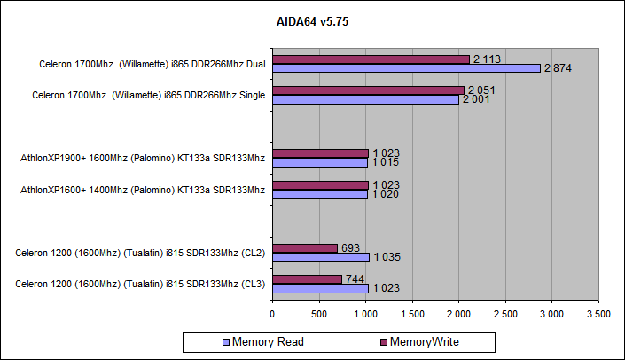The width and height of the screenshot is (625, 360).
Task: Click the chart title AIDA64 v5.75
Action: point(312,21)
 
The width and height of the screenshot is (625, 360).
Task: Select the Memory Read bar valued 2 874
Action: point(406,68)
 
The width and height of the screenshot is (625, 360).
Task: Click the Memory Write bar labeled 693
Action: point(305,247)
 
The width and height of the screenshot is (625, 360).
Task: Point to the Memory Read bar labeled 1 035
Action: point(321,256)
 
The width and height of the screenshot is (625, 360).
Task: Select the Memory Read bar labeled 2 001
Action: point(365,100)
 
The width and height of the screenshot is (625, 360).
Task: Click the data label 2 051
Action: point(482,90)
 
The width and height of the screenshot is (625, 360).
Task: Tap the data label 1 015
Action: point(386,163)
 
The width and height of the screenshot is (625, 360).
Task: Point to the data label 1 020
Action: point(386,194)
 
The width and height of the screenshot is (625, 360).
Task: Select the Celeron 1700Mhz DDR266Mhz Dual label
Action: point(152,64)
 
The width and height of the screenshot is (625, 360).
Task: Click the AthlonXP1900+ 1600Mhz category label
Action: point(143,159)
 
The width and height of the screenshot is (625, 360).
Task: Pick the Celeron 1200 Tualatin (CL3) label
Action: point(140,284)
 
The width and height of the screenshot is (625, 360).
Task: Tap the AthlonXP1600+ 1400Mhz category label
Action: point(143,190)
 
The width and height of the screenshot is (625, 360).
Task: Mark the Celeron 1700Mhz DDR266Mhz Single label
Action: point(149,95)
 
